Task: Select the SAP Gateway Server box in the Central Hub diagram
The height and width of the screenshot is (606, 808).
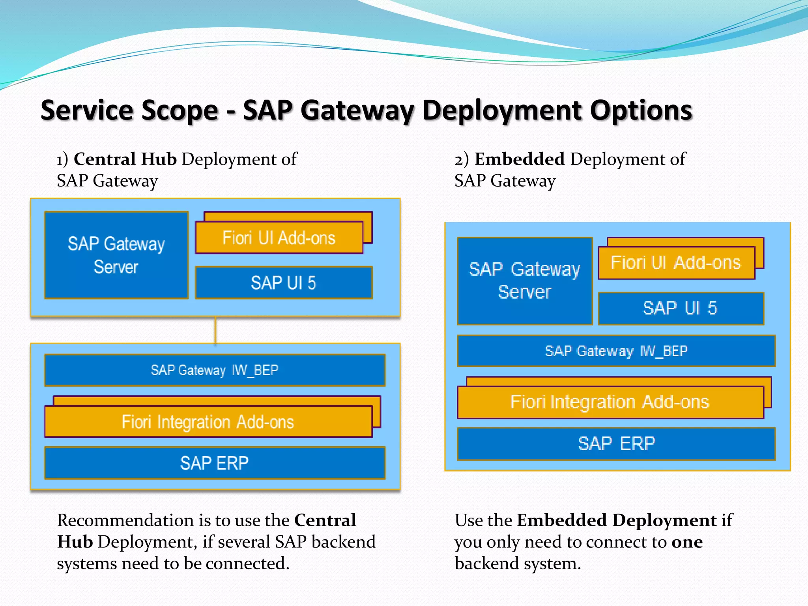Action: [116, 255]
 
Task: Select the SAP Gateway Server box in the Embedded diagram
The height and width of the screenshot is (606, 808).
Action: [524, 281]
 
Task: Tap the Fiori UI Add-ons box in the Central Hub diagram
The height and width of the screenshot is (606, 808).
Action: [279, 238]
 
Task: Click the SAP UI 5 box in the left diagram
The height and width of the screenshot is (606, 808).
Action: [283, 283]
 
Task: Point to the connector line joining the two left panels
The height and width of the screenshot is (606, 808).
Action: [215, 330]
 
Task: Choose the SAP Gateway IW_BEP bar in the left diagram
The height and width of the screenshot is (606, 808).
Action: [215, 370]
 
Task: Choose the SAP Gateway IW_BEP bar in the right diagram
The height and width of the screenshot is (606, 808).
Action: [616, 351]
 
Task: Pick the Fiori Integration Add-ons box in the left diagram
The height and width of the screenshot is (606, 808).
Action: [208, 422]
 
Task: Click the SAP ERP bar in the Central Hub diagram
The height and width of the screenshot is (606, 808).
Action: [215, 463]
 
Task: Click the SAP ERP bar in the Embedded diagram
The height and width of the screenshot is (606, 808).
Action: [616, 444]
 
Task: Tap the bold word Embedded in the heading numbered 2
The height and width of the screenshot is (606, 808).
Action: [519, 159]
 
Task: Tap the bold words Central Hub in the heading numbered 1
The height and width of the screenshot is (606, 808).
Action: [125, 159]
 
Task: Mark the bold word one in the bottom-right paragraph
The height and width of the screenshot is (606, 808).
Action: [687, 542]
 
